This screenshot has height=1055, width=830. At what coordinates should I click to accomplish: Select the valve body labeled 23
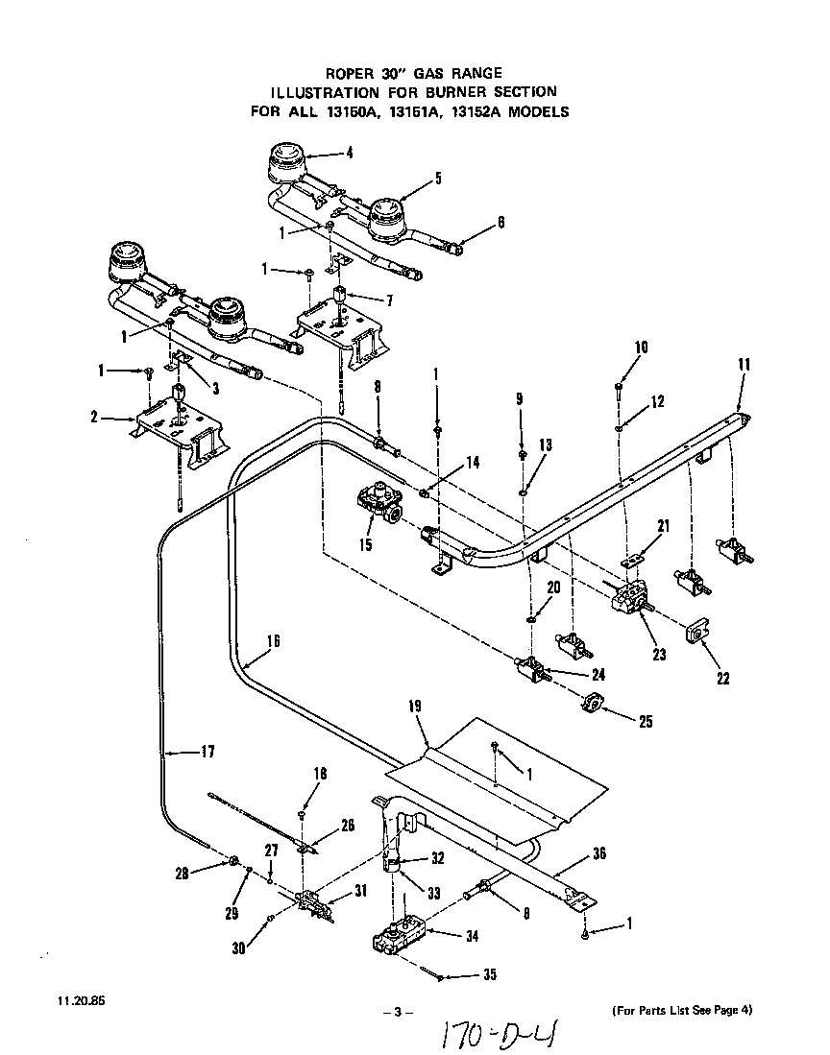tap(630, 602)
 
